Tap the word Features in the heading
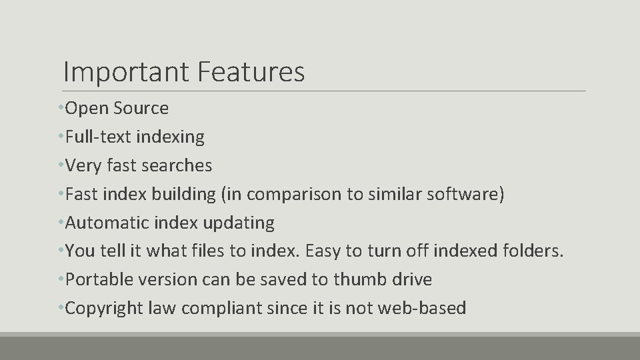coord(251,72)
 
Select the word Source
coord(141,108)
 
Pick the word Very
coord(81,165)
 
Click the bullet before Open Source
coord(61,108)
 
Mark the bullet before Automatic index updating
coord(61,223)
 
